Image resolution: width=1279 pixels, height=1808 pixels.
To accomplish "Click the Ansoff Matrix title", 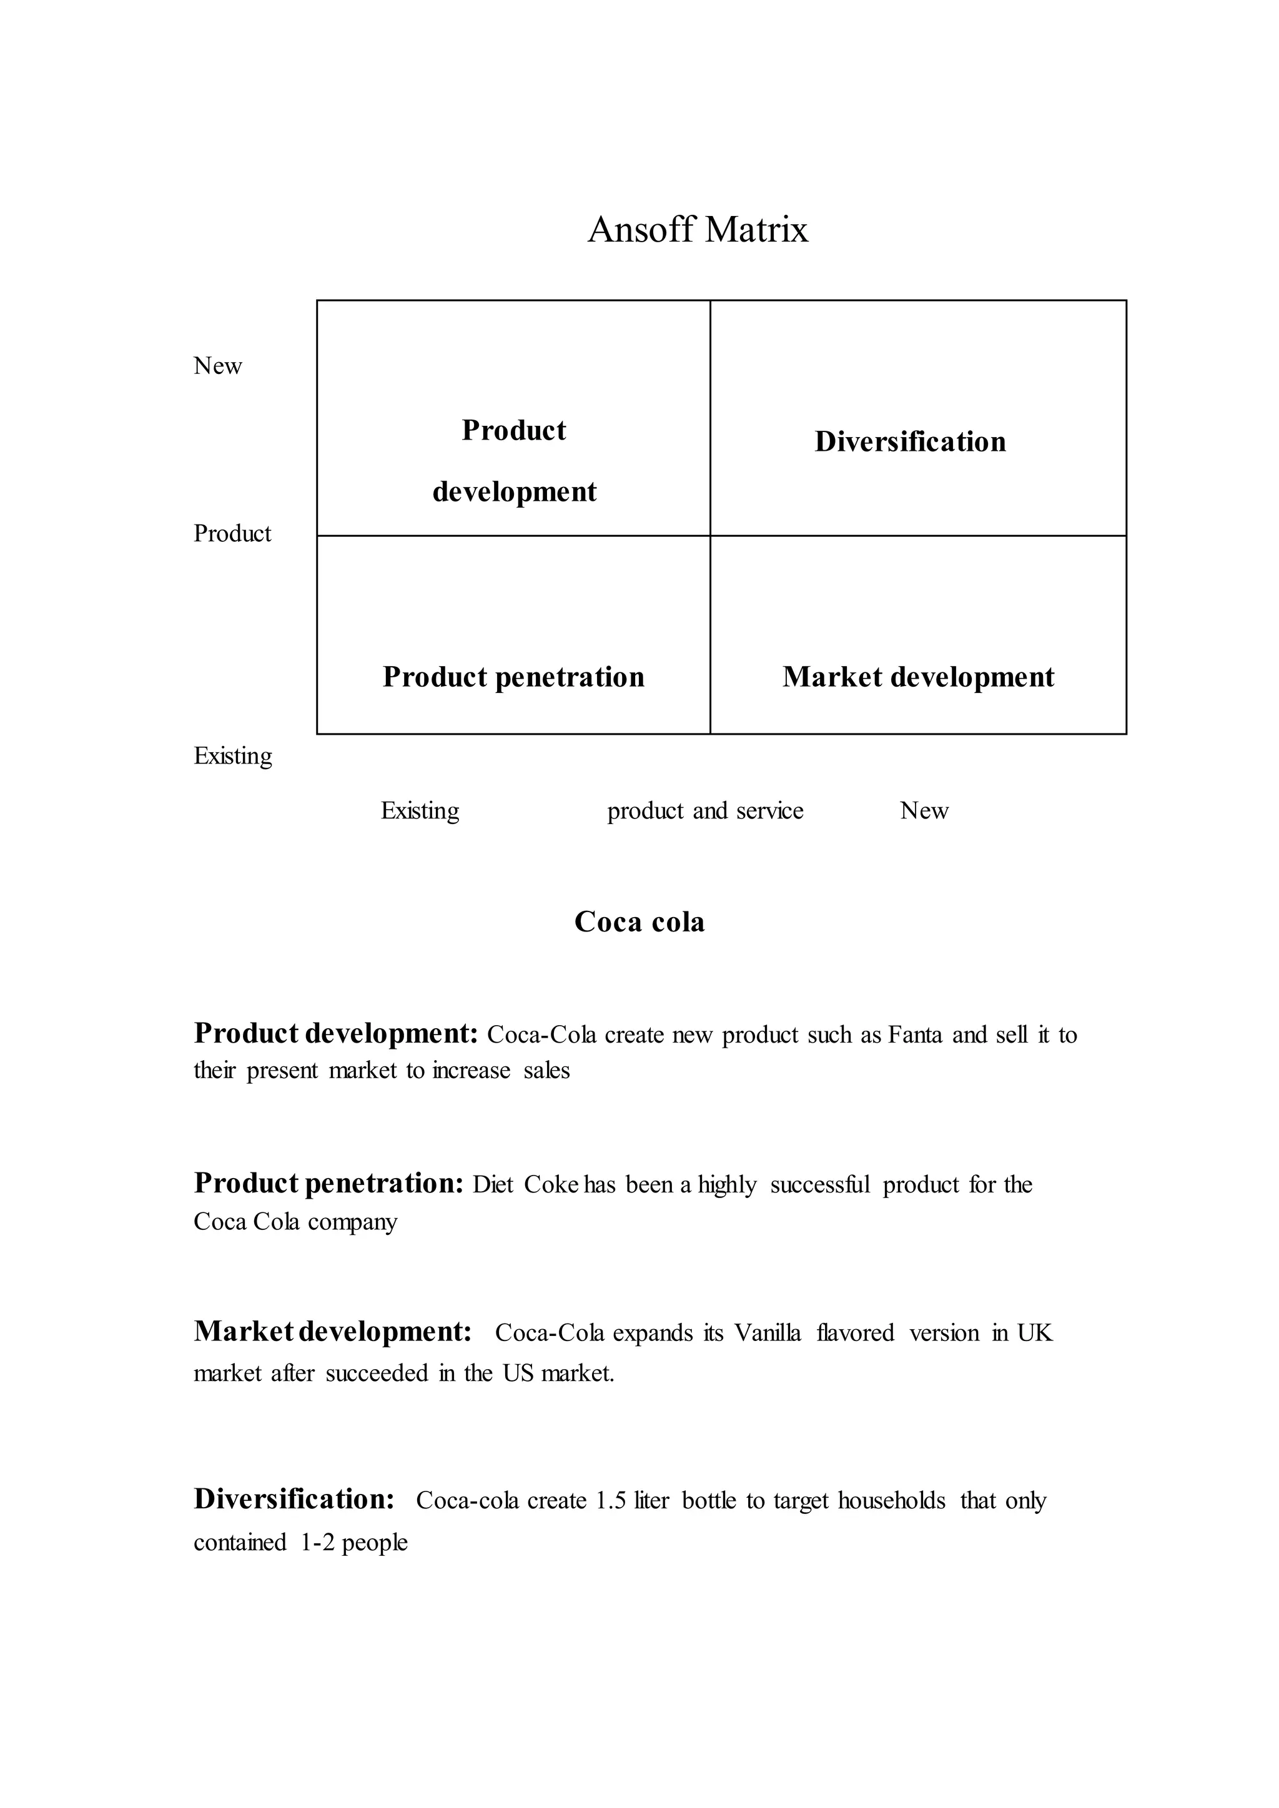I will [698, 230].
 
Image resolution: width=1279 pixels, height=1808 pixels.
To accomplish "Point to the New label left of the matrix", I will [217, 366].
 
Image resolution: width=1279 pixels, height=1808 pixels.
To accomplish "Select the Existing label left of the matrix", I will [233, 756].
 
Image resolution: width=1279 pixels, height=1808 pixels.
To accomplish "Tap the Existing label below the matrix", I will [420, 810].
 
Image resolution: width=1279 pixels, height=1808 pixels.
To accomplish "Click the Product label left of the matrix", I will [232, 534].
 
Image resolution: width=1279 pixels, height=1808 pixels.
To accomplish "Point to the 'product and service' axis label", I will [705, 810].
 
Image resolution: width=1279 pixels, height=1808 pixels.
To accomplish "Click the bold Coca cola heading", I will [639, 922].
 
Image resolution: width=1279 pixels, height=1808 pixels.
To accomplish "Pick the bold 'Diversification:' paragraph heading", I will [294, 1500].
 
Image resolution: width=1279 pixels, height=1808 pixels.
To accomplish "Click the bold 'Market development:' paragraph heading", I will [332, 1332].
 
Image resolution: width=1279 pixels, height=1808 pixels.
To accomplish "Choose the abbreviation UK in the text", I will [1034, 1333].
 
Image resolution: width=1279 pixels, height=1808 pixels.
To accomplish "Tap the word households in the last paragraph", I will [892, 1501].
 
